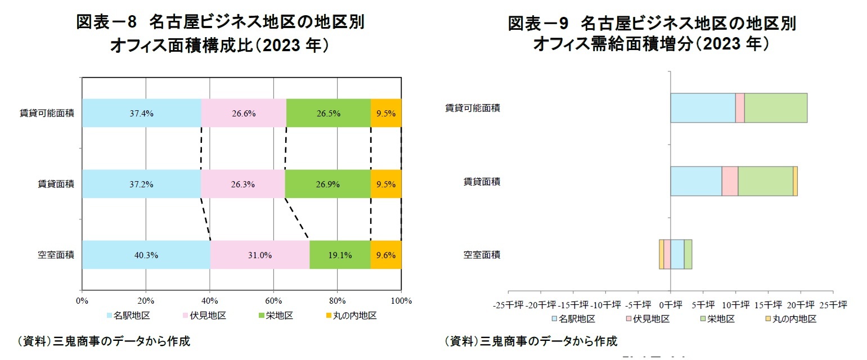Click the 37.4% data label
coord(141,113)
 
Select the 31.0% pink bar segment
coord(259,255)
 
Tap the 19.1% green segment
coord(340,255)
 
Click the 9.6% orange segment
coord(386,255)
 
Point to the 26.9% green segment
coord(327,184)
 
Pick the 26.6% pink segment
coord(244,113)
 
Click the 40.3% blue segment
coord(146,255)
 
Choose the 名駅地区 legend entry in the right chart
coord(573,319)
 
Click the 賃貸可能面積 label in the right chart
coord(473,108)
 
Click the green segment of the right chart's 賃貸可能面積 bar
coord(776,108)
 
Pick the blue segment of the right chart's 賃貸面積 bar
coord(696,181)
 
